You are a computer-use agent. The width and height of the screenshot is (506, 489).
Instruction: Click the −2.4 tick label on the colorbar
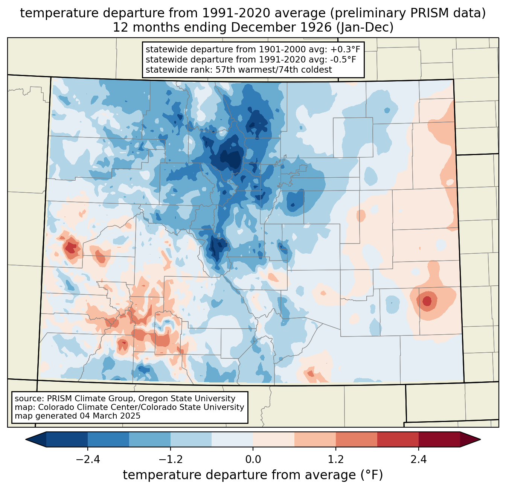pos(88,459)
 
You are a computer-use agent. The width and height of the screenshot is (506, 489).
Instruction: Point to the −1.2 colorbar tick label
pos(171,459)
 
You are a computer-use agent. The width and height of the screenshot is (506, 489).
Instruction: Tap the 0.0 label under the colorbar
pos(253,459)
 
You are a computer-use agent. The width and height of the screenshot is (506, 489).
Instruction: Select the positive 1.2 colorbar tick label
pos(336,459)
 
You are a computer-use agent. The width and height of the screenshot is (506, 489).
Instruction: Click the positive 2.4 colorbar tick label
pos(419,459)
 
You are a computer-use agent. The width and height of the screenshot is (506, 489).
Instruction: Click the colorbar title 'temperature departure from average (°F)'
pos(253,475)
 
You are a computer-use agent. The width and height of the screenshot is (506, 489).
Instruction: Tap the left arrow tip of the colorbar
pos(26,440)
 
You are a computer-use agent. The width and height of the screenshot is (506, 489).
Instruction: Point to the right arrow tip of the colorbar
pos(480,440)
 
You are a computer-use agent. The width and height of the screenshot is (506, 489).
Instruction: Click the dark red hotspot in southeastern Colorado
pos(427,301)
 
